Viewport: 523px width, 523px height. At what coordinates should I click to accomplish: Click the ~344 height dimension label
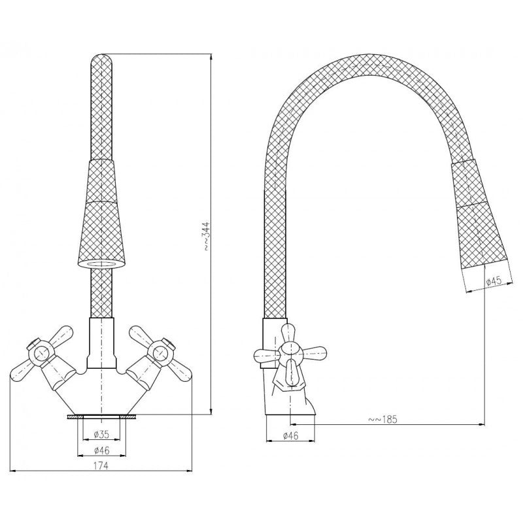[x=207, y=235]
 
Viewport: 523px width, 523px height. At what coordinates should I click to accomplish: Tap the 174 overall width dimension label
[x=101, y=465]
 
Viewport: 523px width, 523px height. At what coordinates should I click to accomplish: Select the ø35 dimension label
[x=101, y=435]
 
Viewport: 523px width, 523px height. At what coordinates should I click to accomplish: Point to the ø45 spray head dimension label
[x=494, y=281]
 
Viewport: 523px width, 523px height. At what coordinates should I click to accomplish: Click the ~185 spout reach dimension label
[x=382, y=419]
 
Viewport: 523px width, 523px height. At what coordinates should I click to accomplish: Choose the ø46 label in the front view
[x=101, y=450]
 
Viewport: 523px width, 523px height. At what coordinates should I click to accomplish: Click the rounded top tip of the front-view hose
[x=101, y=57]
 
